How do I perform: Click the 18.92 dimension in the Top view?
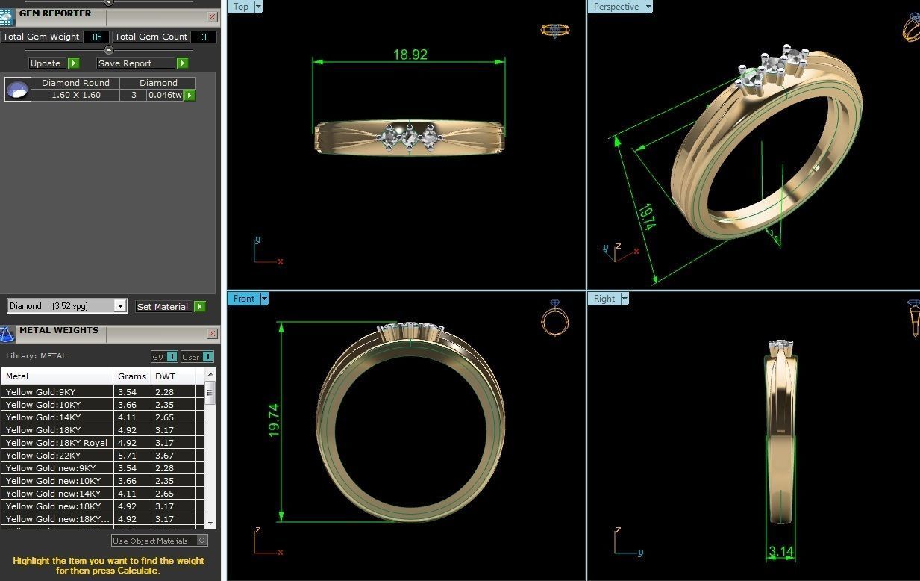[410, 55]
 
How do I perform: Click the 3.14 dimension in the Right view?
[780, 552]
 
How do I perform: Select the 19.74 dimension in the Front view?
[274, 420]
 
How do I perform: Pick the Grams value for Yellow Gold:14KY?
[126, 417]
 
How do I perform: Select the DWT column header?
[165, 376]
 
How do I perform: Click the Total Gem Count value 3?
[204, 37]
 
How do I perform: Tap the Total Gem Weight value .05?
[96, 37]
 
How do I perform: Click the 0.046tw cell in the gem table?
[165, 96]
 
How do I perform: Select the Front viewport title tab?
[243, 299]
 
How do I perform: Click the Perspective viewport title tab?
[616, 7]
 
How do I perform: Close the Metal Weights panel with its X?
[212, 334]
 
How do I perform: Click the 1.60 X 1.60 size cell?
[75, 96]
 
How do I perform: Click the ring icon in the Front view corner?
[554, 318]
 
